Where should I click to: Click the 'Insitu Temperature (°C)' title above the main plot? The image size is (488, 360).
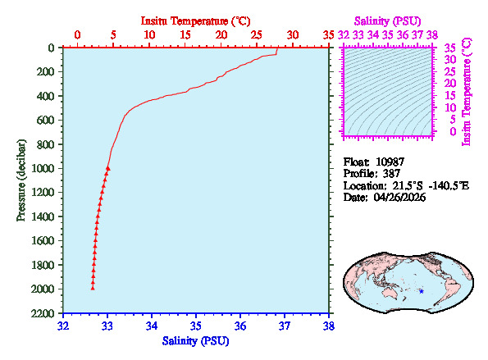pos(195,20)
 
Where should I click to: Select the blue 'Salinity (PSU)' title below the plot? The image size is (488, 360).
pos(195,340)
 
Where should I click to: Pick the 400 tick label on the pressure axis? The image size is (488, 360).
pos(45,96)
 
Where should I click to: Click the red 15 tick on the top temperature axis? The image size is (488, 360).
pos(185,34)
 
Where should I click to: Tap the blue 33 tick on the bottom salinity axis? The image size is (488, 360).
pos(107,326)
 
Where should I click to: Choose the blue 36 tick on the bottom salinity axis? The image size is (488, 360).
pos(240,326)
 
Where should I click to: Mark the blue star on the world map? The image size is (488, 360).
pos(421,291)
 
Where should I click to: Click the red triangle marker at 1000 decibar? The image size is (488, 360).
pos(107,168)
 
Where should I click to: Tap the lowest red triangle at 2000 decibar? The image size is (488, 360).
pos(93,289)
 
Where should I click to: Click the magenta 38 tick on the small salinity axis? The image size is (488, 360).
pos(432,34)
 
